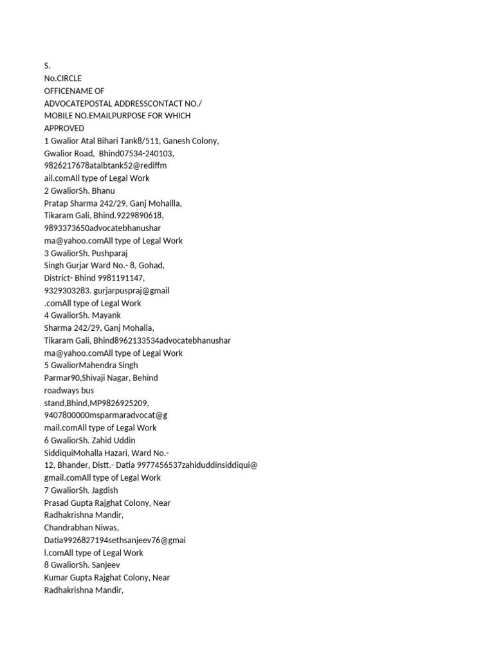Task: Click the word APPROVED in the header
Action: pos(64,128)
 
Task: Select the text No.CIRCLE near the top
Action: pos(63,79)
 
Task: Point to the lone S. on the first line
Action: pos(47,66)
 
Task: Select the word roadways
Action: pos(61,390)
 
